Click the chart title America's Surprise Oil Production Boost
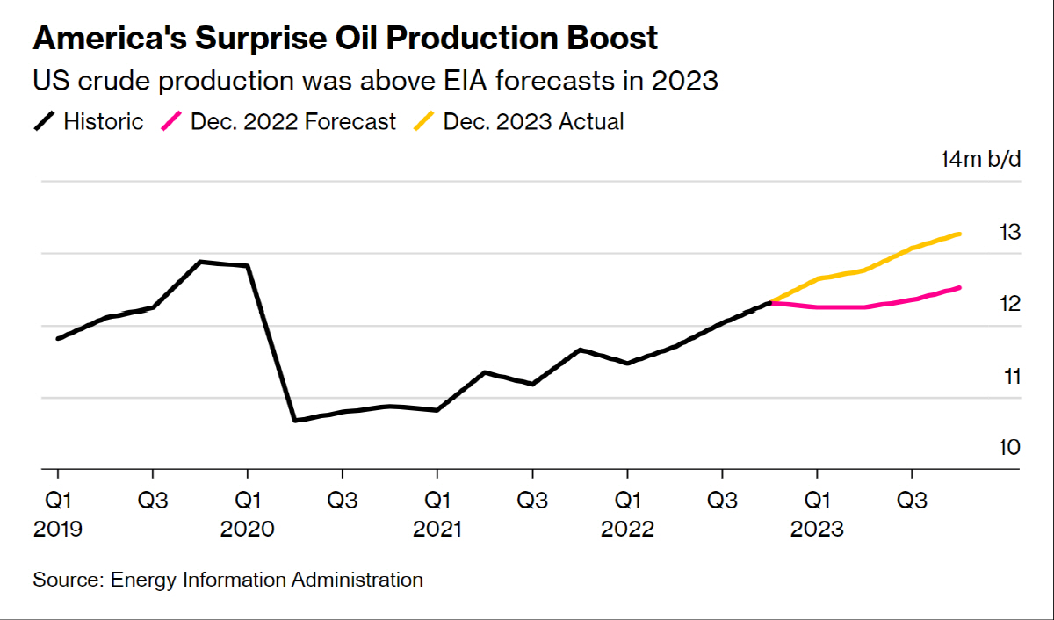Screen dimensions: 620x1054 click(x=345, y=39)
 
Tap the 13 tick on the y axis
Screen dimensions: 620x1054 click(x=1010, y=233)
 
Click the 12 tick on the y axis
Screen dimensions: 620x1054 click(x=1010, y=305)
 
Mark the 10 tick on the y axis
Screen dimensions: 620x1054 click(x=1010, y=448)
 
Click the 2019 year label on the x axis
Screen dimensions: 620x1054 click(x=58, y=530)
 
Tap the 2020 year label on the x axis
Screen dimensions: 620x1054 click(x=248, y=530)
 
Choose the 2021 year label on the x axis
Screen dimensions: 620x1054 click(x=437, y=530)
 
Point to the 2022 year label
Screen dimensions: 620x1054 click(x=627, y=530)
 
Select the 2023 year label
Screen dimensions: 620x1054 click(x=817, y=530)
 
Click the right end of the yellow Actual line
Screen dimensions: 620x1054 click(x=959, y=234)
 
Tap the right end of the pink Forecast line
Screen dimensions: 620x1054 click(x=959, y=287)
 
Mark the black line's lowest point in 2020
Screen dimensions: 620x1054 click(x=295, y=421)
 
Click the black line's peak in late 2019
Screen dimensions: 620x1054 click(x=200, y=262)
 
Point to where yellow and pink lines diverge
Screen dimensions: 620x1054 click(x=770, y=302)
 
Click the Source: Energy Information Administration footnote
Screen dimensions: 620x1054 click(x=228, y=580)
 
